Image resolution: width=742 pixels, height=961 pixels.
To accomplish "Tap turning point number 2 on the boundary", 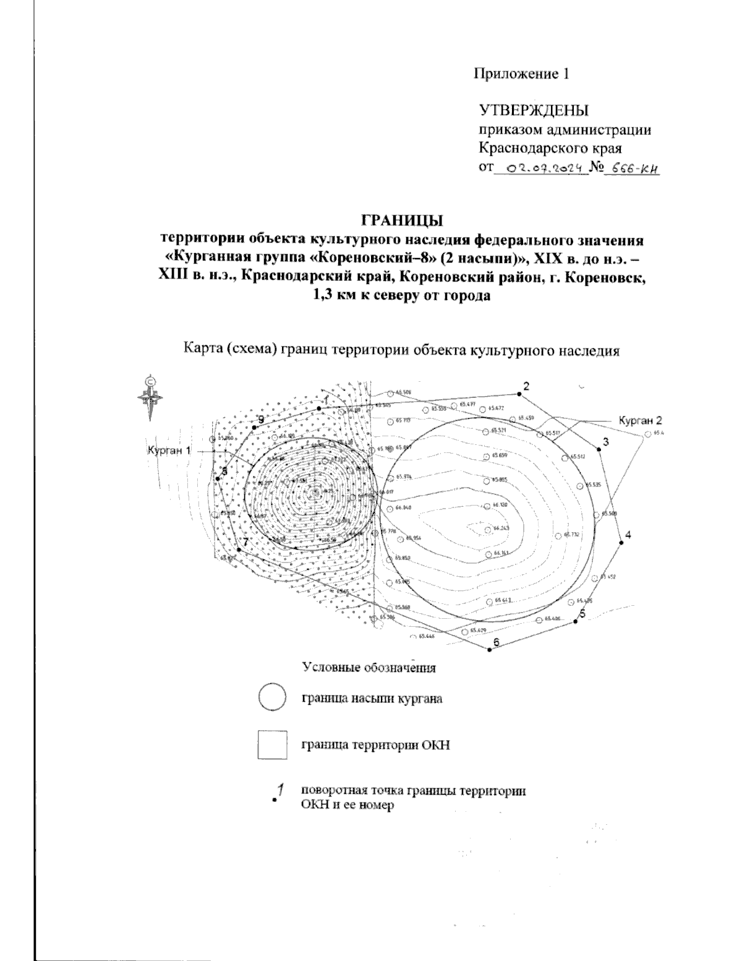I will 518,394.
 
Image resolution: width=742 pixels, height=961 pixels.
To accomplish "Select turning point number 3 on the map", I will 599,449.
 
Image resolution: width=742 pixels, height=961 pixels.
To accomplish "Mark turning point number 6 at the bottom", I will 489,649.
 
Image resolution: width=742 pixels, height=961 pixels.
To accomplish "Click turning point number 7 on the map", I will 239,549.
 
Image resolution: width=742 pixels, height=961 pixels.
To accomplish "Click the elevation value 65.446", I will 426,636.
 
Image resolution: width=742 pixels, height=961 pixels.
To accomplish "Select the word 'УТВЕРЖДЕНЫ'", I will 534,111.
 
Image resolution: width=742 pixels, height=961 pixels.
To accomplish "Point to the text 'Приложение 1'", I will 520,74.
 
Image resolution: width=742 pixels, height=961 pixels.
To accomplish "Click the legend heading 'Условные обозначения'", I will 369,668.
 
